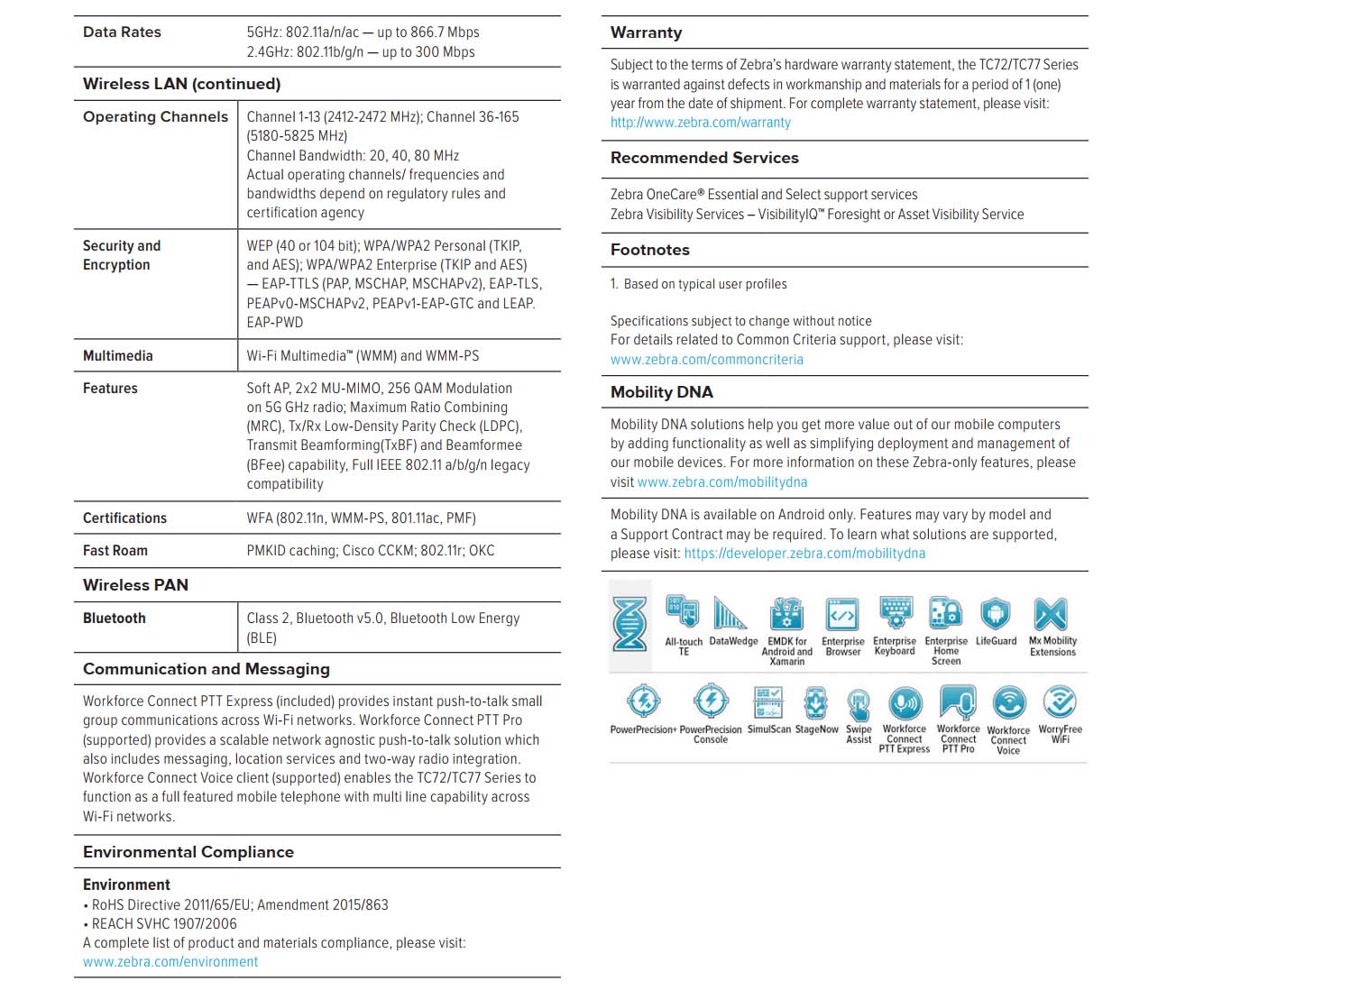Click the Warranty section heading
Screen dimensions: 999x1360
pyautogui.click(x=646, y=32)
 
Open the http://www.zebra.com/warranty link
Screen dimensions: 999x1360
pyautogui.click(x=700, y=123)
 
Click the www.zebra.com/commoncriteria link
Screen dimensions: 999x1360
pyautogui.click(x=706, y=360)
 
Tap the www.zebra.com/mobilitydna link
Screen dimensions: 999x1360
pyautogui.click(x=721, y=482)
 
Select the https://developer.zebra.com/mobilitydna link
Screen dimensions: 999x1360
pyautogui.click(x=804, y=554)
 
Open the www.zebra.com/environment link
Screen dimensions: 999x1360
pyautogui.click(x=170, y=962)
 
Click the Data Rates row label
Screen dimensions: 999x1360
pyautogui.click(x=122, y=32)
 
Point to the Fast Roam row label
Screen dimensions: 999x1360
pyautogui.click(x=115, y=551)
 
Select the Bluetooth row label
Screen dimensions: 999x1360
pyautogui.click(x=115, y=619)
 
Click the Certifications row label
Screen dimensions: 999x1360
pyautogui.click(x=124, y=518)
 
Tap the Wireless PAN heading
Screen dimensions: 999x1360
pyautogui.click(x=135, y=585)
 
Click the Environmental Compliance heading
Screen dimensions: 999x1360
pyautogui.click(x=188, y=852)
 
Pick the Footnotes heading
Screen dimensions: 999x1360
pyautogui.click(x=649, y=250)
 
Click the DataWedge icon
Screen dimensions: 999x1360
pyautogui.click(x=731, y=614)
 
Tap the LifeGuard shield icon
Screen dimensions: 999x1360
pyautogui.click(x=995, y=614)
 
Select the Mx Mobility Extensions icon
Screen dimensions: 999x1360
pyautogui.click(x=1052, y=614)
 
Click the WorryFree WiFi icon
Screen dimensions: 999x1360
pyautogui.click(x=1060, y=701)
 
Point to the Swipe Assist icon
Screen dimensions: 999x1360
pyautogui.click(x=859, y=703)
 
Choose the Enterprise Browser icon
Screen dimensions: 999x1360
pyautogui.click(x=842, y=614)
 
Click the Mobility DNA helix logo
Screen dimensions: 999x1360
pyautogui.click(x=629, y=623)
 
